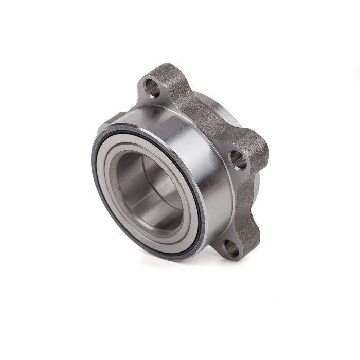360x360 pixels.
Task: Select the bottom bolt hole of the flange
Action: pos(231,249)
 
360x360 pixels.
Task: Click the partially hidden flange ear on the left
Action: pos(114,119)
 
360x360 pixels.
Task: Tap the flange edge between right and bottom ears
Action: pos(252,206)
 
